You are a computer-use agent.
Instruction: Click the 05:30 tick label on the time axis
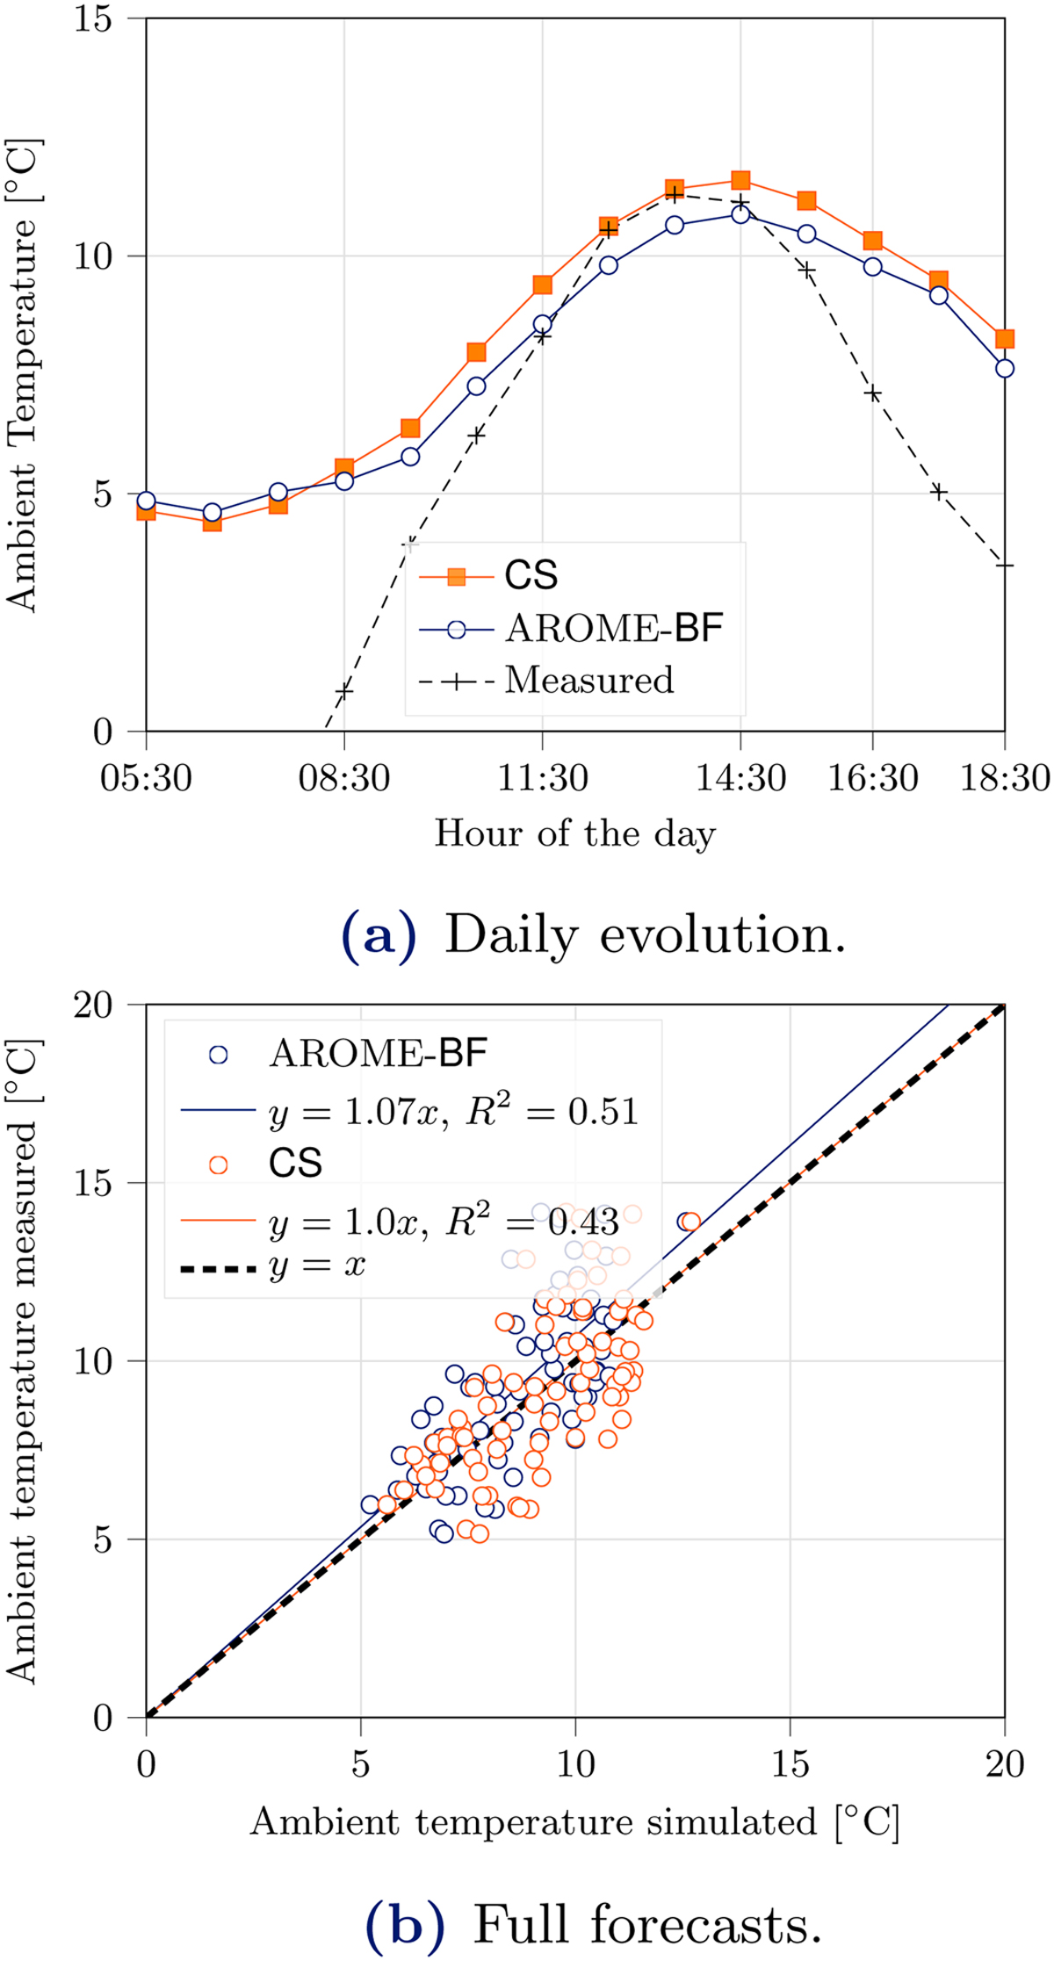146,779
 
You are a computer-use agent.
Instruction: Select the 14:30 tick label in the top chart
740,779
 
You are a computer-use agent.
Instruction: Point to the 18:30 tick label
1004,779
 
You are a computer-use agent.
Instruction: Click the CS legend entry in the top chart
531,576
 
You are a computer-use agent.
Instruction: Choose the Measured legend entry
589,681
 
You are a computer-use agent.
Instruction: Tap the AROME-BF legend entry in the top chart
614,629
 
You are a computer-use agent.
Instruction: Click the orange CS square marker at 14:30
740,181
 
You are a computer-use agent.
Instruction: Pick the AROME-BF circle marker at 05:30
146,501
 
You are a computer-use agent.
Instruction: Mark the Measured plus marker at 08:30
344,691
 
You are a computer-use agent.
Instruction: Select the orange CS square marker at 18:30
1004,339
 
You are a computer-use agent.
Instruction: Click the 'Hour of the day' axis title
575,833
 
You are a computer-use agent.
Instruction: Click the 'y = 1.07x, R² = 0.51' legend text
453,1113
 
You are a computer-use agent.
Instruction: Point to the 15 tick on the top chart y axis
93,19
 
